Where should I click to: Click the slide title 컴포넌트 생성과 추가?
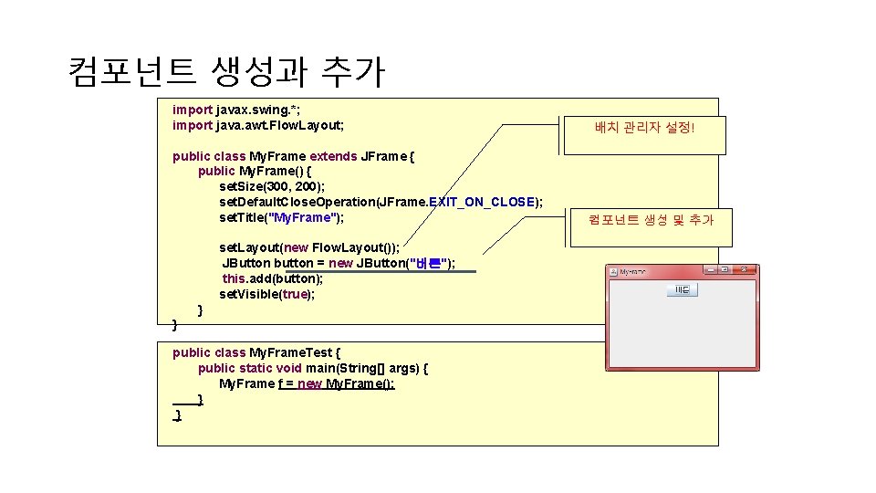(x=226, y=70)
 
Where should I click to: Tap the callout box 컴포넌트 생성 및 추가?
(x=651, y=219)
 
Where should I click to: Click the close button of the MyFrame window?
(x=745, y=270)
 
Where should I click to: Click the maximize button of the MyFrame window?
(x=725, y=270)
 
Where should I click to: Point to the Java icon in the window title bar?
(x=614, y=271)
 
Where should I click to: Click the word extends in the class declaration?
(x=333, y=156)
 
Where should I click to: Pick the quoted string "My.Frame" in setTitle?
(x=305, y=217)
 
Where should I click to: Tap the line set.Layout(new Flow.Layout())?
(x=308, y=247)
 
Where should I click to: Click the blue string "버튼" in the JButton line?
(x=428, y=263)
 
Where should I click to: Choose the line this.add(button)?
(x=272, y=278)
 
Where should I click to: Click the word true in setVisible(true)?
(x=295, y=294)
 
